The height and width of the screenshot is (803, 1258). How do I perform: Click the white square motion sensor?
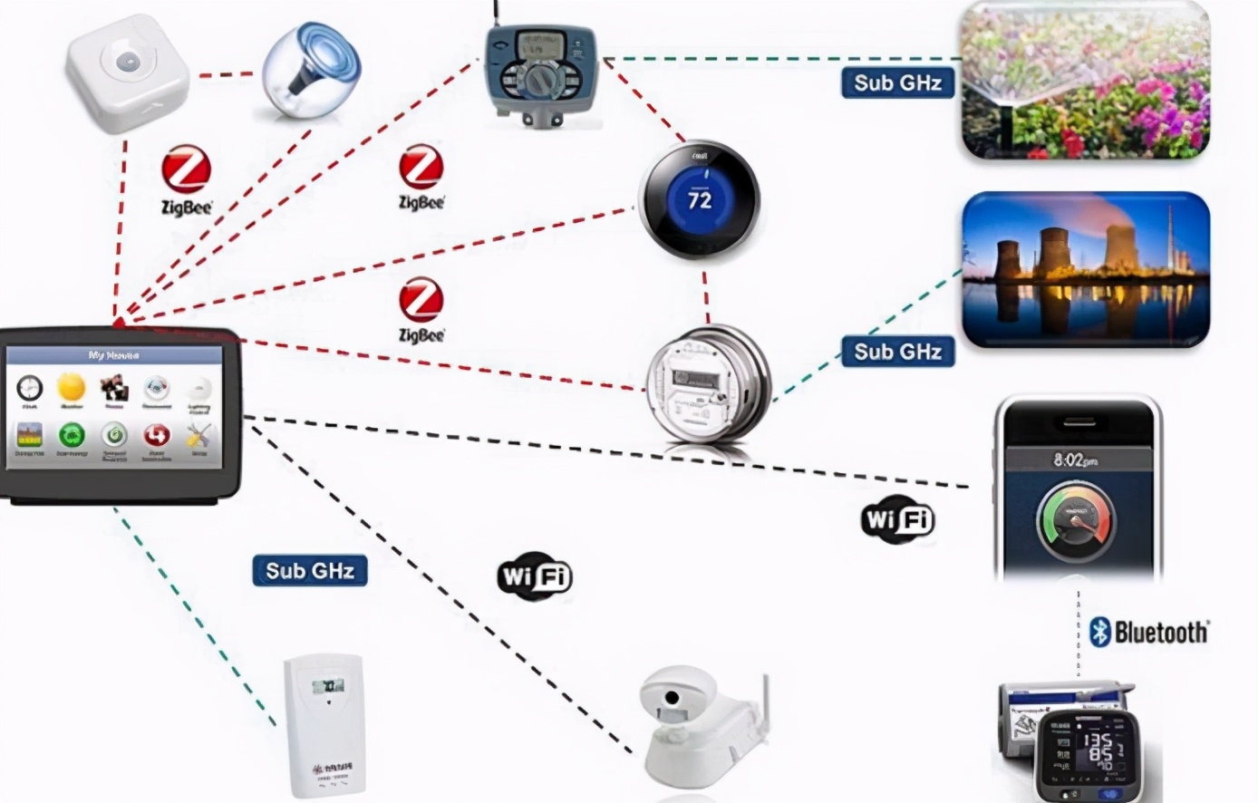pyautogui.click(x=127, y=73)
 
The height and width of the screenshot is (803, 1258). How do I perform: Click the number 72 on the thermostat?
pyautogui.click(x=700, y=199)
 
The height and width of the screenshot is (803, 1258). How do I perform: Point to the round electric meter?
pyautogui.click(x=707, y=385)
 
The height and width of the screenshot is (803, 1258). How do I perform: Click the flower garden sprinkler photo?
pyautogui.click(x=1085, y=80)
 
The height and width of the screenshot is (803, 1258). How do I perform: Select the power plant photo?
pyautogui.click(x=1085, y=269)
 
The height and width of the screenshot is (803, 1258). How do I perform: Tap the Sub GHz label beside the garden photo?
pyautogui.click(x=897, y=82)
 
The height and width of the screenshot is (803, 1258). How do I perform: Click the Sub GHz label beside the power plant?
pyautogui.click(x=897, y=352)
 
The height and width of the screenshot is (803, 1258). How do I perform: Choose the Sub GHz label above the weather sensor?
pyautogui.click(x=309, y=571)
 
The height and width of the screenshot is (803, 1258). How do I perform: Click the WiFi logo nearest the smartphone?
pyautogui.click(x=897, y=519)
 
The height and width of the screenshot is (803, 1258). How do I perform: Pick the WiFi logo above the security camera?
pyautogui.click(x=535, y=576)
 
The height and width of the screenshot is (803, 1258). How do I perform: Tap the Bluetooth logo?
pyautogui.click(x=1149, y=632)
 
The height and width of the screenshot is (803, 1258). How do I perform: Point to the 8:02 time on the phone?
pyautogui.click(x=1076, y=460)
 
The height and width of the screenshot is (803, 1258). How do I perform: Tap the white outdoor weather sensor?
pyautogui.click(x=324, y=725)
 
